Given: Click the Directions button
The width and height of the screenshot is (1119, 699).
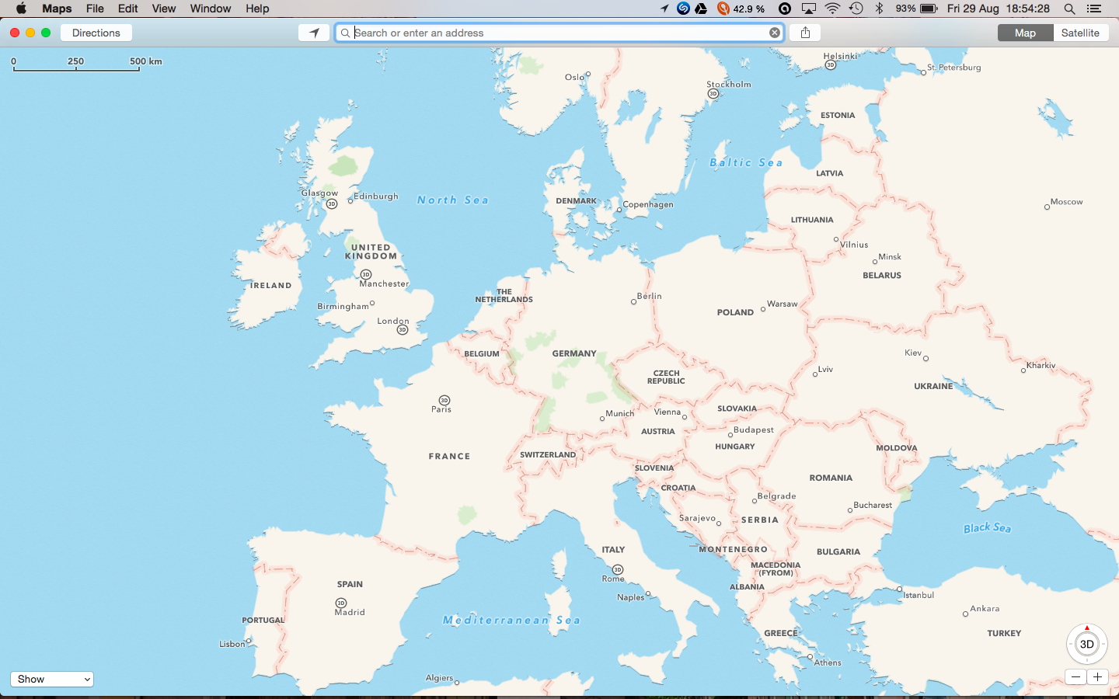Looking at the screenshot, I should pyautogui.click(x=96, y=33).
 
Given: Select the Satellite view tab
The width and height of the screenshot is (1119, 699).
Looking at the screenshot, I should pyautogui.click(x=1080, y=33).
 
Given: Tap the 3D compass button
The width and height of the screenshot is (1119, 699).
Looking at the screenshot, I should pyautogui.click(x=1086, y=644).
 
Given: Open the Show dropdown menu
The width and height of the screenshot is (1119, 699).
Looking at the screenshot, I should pyautogui.click(x=52, y=679).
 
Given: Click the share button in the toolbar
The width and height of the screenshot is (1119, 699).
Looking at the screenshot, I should pyautogui.click(x=805, y=33).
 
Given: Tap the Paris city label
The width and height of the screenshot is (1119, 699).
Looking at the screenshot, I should pyautogui.click(x=441, y=409).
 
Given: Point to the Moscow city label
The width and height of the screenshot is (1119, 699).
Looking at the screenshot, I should pyautogui.click(x=1066, y=202).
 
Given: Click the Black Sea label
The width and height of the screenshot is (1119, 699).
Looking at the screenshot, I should pyautogui.click(x=987, y=528).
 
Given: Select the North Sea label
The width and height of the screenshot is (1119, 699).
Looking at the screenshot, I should pyautogui.click(x=453, y=200).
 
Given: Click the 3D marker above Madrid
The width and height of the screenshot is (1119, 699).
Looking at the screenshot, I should pyautogui.click(x=341, y=603).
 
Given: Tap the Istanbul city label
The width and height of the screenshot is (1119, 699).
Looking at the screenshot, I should pyautogui.click(x=919, y=595).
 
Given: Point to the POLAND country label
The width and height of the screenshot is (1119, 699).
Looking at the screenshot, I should pyautogui.click(x=735, y=312).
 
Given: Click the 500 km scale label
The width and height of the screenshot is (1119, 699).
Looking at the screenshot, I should pyautogui.click(x=146, y=61).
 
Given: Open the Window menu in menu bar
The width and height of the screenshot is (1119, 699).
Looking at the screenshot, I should pyautogui.click(x=211, y=9).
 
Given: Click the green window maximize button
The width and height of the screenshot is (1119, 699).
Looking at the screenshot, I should pyautogui.click(x=46, y=33).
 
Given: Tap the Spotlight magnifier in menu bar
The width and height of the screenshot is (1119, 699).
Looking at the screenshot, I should pyautogui.click(x=1069, y=9).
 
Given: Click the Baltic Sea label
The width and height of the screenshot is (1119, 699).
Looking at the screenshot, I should pyautogui.click(x=746, y=162).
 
